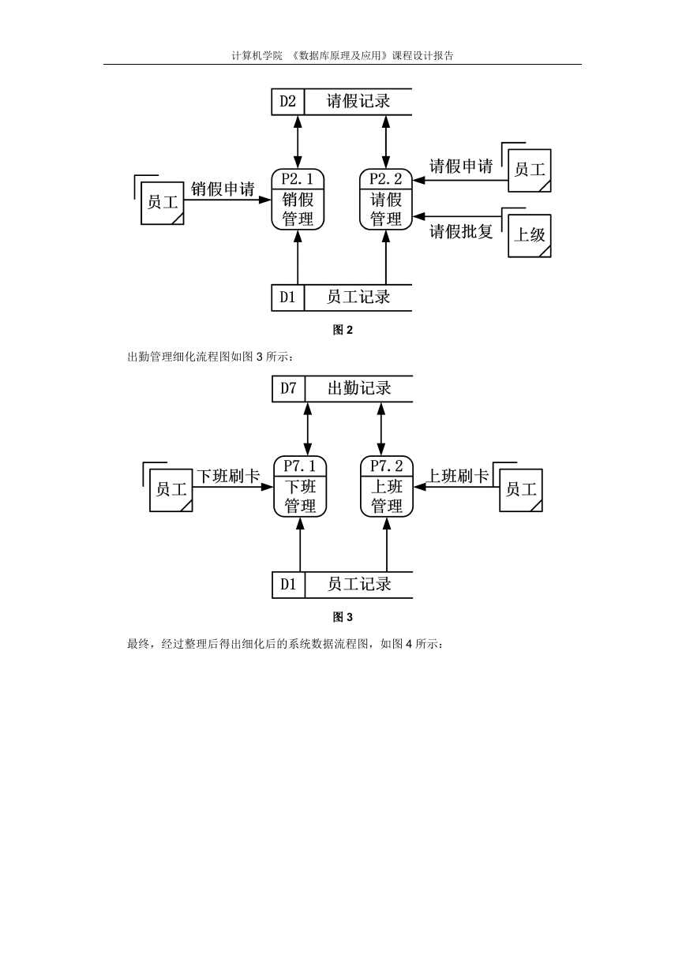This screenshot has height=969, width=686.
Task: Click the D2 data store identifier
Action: click(287, 102)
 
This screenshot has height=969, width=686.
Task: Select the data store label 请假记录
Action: click(358, 102)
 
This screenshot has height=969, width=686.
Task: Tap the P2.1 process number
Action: click(298, 178)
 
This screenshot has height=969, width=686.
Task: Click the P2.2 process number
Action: click(386, 178)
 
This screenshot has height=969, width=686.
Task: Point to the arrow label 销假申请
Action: click(223, 189)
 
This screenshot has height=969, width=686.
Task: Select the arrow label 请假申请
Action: click(461, 166)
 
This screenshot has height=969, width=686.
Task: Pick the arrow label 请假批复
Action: click(461, 231)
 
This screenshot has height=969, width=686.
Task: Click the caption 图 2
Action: click(343, 330)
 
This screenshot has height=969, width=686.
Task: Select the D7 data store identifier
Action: click(288, 388)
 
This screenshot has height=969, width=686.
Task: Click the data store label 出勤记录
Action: click(359, 388)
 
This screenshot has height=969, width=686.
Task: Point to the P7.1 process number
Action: click(300, 466)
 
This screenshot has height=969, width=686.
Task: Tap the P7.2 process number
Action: click(387, 466)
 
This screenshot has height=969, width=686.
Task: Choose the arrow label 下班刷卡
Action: click(228, 477)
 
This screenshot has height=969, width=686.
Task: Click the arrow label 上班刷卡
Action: click(458, 477)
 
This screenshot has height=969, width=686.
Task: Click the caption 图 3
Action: click(343, 617)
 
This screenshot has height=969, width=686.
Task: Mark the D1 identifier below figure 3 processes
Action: click(288, 585)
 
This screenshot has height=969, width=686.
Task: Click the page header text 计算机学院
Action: click(257, 56)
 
